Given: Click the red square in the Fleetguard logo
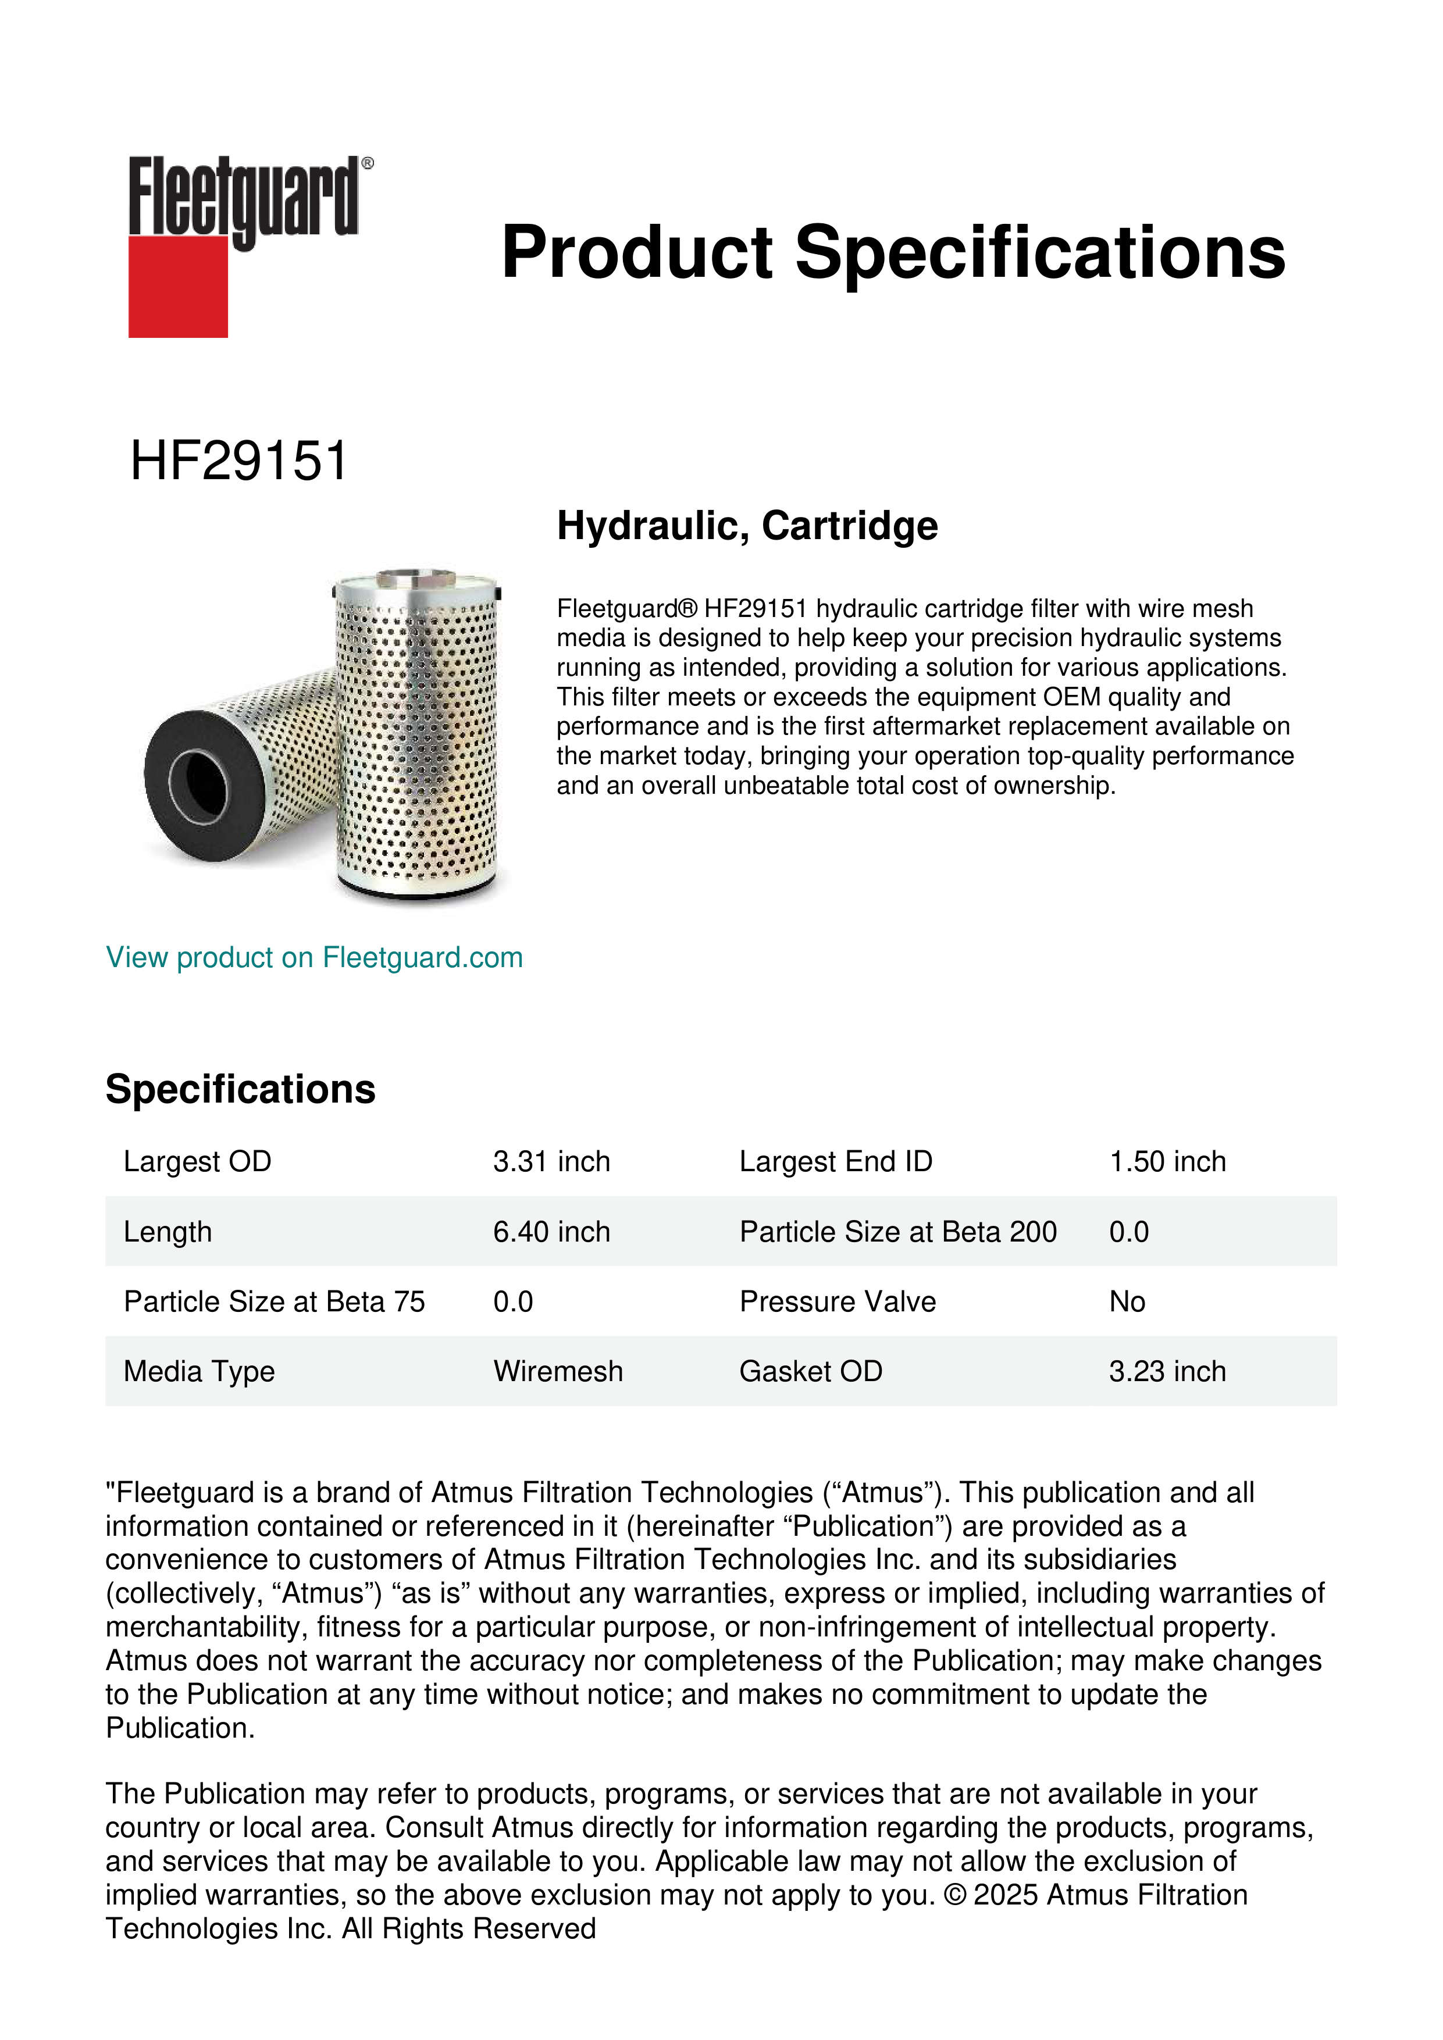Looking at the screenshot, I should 178,286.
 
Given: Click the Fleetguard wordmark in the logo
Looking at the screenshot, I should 244,197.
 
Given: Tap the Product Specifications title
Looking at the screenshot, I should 893,252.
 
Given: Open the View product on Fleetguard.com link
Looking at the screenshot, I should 313,957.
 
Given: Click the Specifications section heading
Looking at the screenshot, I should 240,1089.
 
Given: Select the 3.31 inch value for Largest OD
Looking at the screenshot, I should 551,1161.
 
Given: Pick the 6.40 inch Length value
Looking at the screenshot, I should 551,1232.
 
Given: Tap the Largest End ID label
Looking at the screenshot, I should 835,1161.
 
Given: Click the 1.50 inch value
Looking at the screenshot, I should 1167,1161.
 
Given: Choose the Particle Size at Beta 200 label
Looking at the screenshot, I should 897,1232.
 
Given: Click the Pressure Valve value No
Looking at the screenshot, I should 1127,1301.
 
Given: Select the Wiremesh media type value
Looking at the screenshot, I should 558,1371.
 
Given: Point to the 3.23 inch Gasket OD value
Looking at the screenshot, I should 1167,1371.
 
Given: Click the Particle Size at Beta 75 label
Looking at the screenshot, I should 274,1301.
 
